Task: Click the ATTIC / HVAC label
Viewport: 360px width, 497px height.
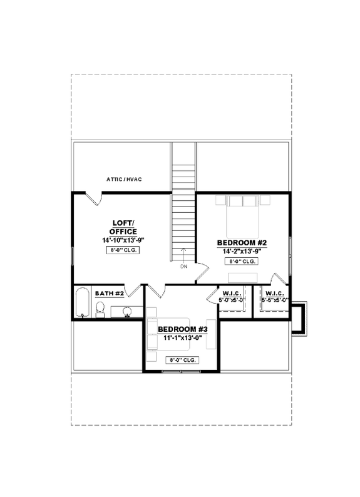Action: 124,180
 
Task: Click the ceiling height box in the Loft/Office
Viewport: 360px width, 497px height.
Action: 123,250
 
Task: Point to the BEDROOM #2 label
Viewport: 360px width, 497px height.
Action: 242,243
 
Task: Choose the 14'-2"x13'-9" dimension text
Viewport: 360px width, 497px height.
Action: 242,251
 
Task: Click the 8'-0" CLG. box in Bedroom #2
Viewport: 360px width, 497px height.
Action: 242,261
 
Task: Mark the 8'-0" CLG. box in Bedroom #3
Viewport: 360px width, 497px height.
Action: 182,361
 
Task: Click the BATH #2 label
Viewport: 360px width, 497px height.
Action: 108,293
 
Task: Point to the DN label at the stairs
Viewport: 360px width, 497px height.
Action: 183,266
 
